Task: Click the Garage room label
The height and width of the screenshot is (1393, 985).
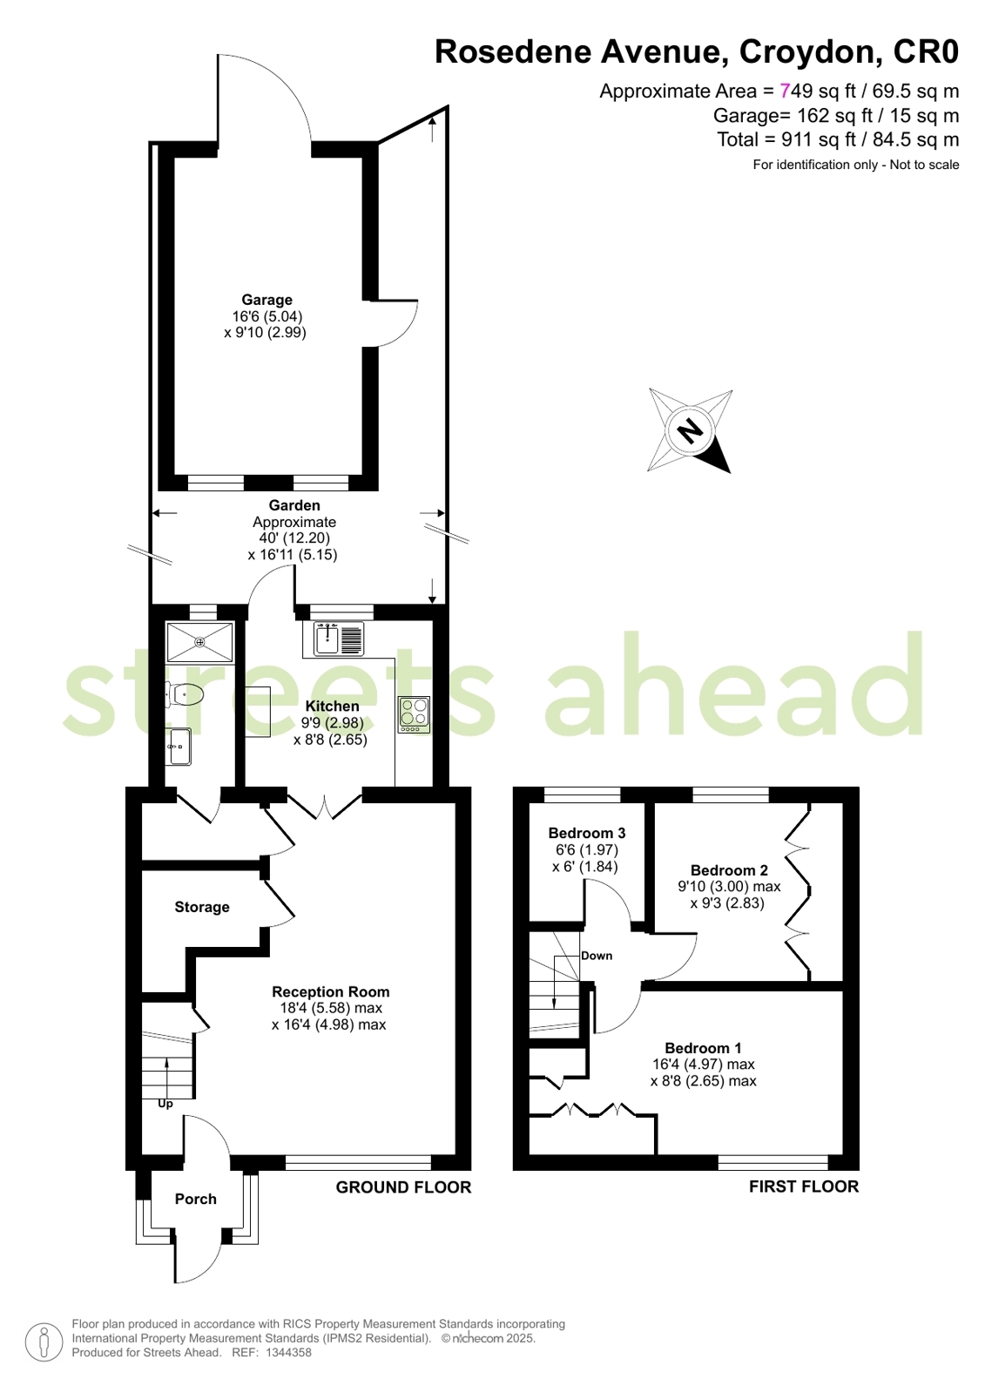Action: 266,300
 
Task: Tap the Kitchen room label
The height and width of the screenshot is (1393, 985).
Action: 332,706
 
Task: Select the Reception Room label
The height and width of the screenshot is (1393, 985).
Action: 331,992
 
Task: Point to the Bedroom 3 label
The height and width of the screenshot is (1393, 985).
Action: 586,833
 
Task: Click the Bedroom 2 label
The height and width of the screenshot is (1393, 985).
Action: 729,870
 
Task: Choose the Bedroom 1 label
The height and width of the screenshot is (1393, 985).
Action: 703,1048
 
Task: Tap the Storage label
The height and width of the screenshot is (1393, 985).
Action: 202,907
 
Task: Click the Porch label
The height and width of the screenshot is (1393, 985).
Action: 195,1199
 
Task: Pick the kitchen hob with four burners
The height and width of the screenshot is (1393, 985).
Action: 415,713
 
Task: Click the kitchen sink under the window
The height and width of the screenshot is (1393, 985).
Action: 339,639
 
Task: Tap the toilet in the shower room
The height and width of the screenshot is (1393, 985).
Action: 184,693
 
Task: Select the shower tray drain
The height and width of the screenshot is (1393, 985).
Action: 199,641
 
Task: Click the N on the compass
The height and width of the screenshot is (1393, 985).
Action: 690,429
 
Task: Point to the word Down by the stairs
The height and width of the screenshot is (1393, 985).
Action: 597,956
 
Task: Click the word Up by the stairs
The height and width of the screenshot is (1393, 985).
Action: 165,1104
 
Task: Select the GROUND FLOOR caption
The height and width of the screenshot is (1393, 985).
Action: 403,1187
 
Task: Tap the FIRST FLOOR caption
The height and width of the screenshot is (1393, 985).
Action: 804,1187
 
